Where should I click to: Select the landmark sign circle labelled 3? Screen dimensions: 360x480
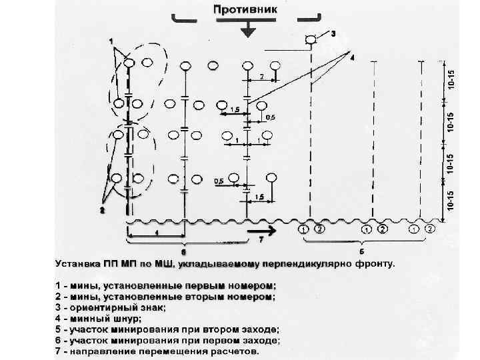tap(310, 40)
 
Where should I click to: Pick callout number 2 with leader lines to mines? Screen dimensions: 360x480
tap(102, 211)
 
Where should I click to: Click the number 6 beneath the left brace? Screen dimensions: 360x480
tap(183, 253)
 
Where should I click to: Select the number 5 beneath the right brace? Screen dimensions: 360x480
tap(361, 253)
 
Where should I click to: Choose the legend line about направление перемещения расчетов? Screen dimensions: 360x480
tap(156, 351)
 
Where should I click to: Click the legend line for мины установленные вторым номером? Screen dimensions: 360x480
tap(163, 297)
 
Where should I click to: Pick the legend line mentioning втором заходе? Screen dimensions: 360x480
tap(167, 329)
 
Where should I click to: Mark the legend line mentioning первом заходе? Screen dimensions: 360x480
tap(167, 340)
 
